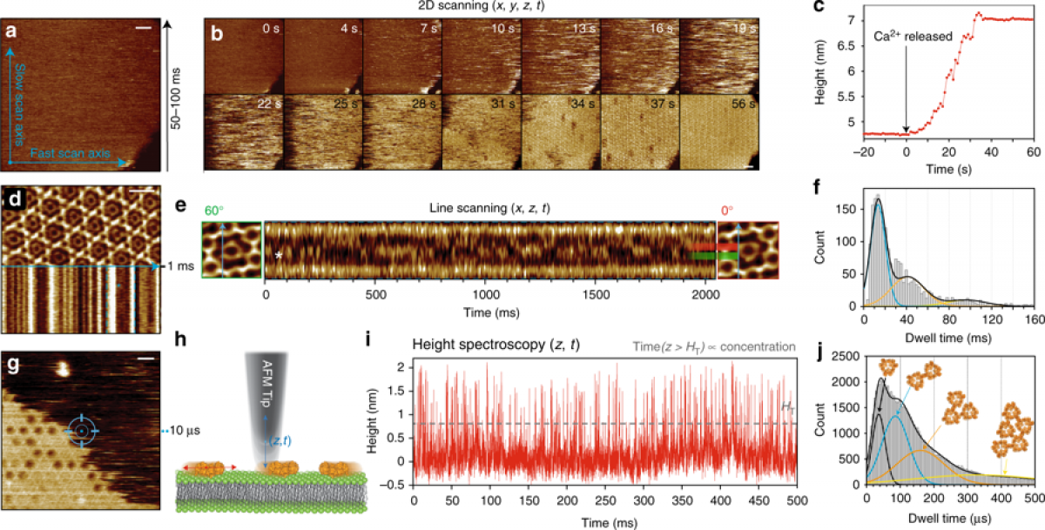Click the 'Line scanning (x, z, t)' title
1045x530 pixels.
click(x=490, y=210)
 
